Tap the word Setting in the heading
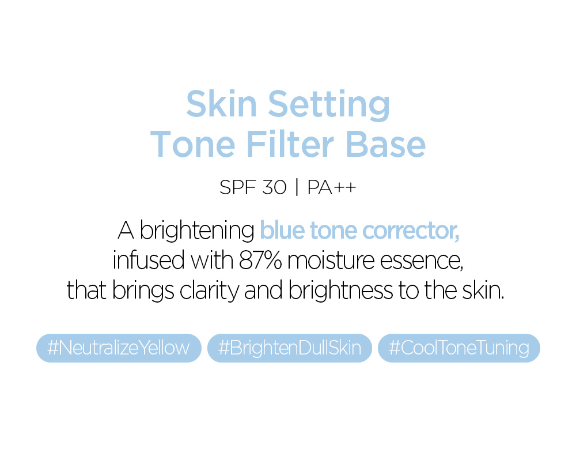[x=329, y=105]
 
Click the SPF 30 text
[x=253, y=187]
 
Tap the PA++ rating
[x=332, y=187]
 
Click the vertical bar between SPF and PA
[x=297, y=187]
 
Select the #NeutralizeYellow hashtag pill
[x=119, y=348]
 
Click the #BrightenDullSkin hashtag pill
[x=290, y=348]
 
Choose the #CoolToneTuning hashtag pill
[x=459, y=348]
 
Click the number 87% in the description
[x=260, y=261]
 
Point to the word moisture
[x=331, y=261]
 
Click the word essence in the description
[x=422, y=262]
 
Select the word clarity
[x=209, y=291]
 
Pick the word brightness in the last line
[x=340, y=291]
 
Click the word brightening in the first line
[x=197, y=231]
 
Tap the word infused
[x=149, y=260]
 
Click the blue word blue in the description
[x=282, y=230]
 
